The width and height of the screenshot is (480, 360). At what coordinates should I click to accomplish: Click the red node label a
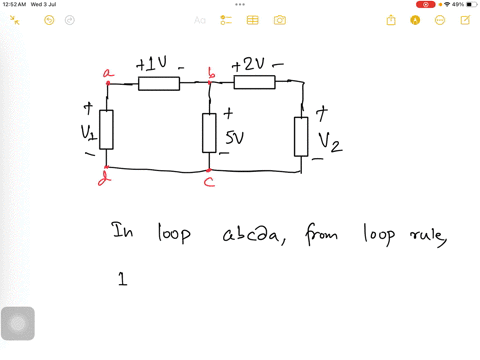pyautogui.click(x=108, y=72)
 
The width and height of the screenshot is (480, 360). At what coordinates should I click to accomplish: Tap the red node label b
pyautogui.click(x=210, y=72)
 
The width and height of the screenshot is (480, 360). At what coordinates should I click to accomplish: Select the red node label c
pyautogui.click(x=209, y=182)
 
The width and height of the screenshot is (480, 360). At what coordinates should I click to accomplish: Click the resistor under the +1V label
pyautogui.click(x=158, y=84)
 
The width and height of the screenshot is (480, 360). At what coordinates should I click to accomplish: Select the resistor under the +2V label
pyautogui.click(x=254, y=82)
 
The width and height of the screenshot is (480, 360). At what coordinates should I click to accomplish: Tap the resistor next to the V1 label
pyautogui.click(x=106, y=129)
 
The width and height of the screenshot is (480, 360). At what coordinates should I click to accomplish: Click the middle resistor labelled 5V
pyautogui.click(x=209, y=132)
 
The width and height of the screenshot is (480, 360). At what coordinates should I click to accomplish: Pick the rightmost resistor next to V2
pyautogui.click(x=301, y=136)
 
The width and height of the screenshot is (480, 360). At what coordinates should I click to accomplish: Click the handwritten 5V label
pyautogui.click(x=234, y=138)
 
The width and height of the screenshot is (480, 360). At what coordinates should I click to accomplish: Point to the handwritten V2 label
pyautogui.click(x=330, y=142)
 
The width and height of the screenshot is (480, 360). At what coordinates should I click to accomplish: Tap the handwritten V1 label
pyautogui.click(x=88, y=133)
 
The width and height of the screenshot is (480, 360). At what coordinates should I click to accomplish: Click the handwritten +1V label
pyautogui.click(x=156, y=65)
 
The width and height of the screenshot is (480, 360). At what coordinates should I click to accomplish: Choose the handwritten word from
pyautogui.click(x=322, y=236)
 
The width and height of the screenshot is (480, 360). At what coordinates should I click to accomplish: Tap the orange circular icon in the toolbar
pyautogui.click(x=415, y=20)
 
